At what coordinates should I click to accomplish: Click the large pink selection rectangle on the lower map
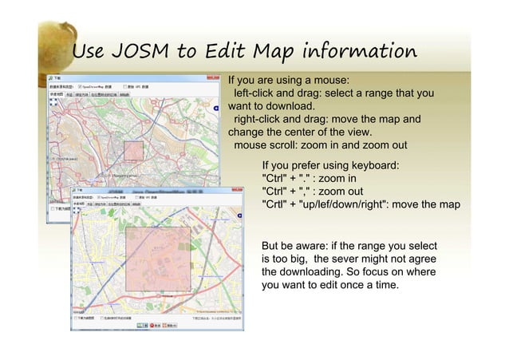click(158, 257)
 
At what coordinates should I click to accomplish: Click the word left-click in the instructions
click(258, 93)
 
